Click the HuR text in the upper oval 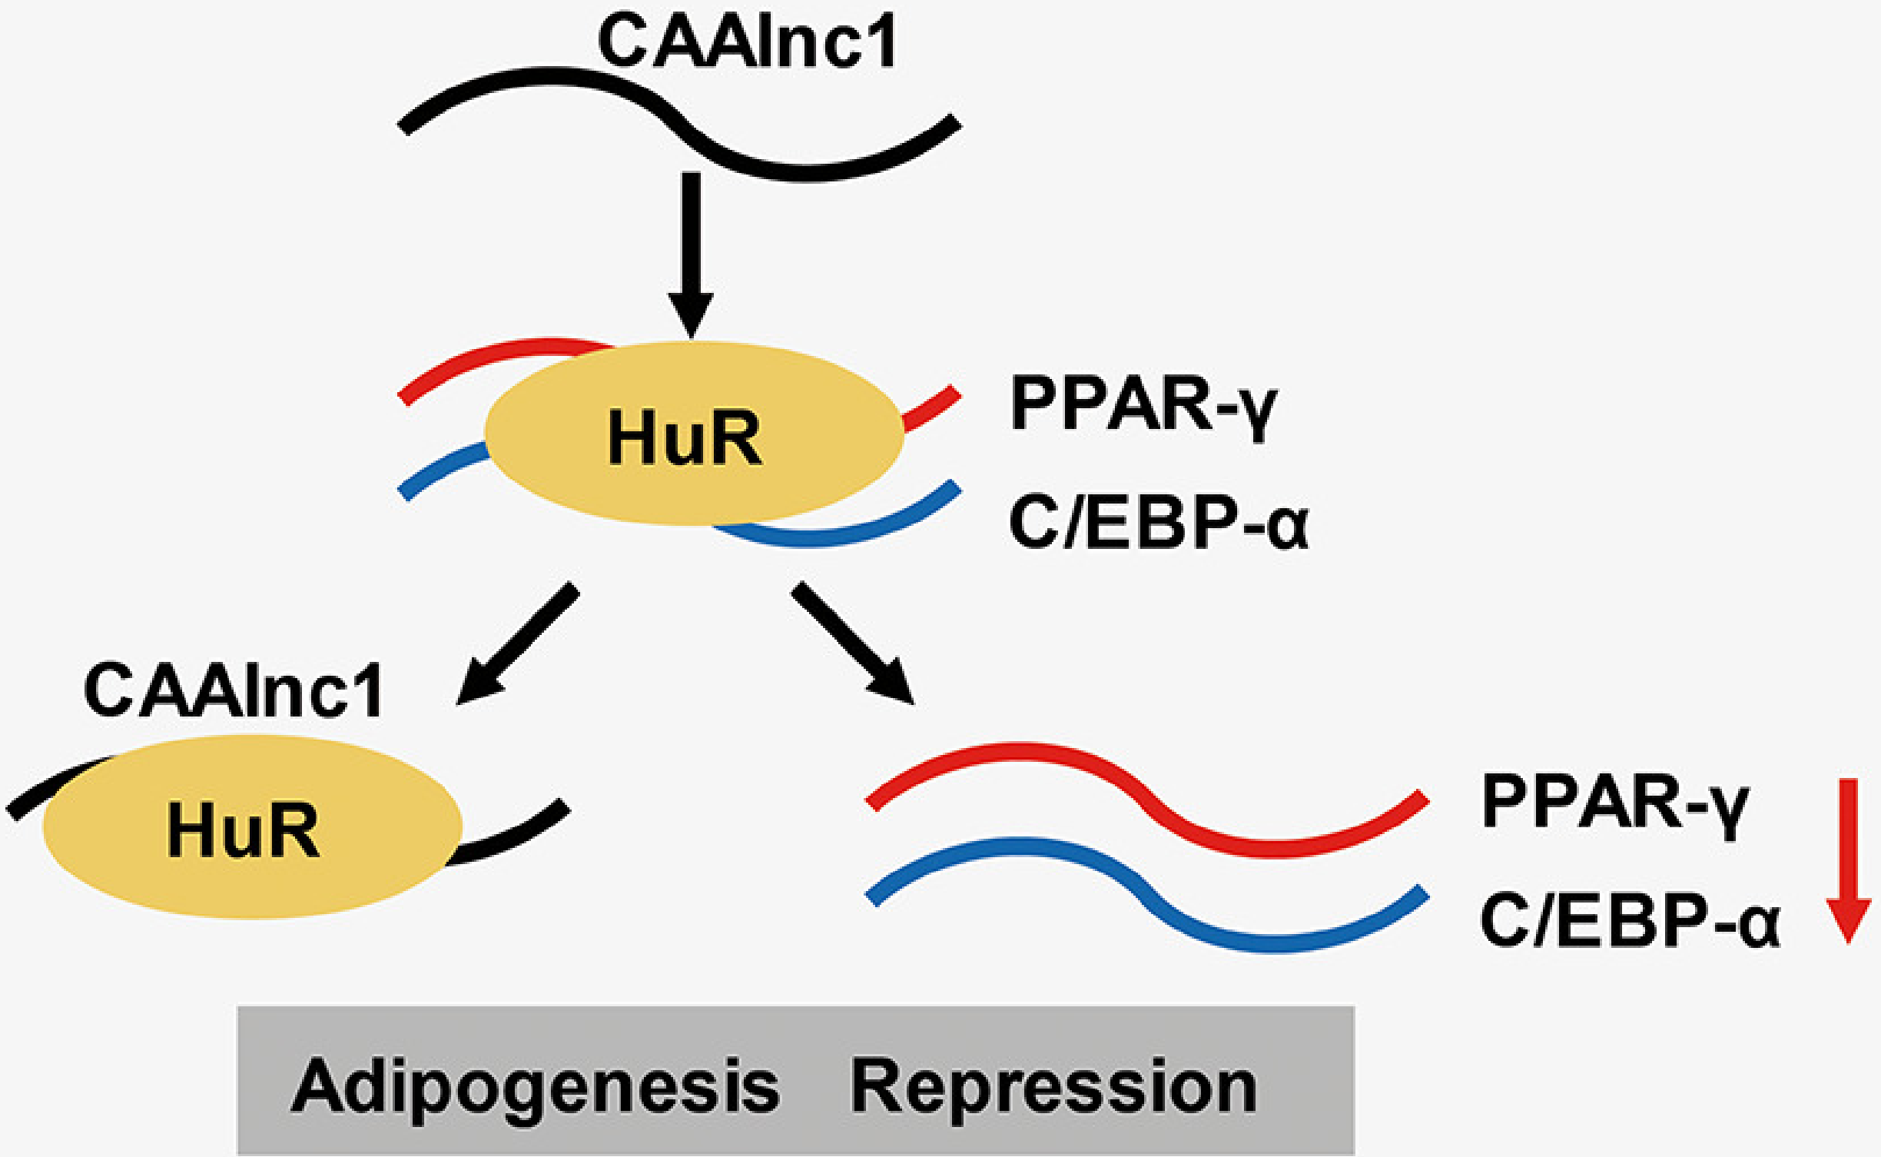pyautogui.click(x=685, y=438)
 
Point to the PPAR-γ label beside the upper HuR pyautogui.click(x=1143, y=405)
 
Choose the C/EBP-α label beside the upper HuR pyautogui.click(x=1158, y=523)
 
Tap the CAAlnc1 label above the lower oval pyautogui.click(x=234, y=691)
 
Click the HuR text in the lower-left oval pyautogui.click(x=244, y=830)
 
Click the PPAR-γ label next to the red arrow pyautogui.click(x=1614, y=803)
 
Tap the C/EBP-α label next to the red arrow pyautogui.click(x=1629, y=921)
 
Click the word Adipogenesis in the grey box pyautogui.click(x=536, y=1087)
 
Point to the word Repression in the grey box pyautogui.click(x=1053, y=1087)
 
